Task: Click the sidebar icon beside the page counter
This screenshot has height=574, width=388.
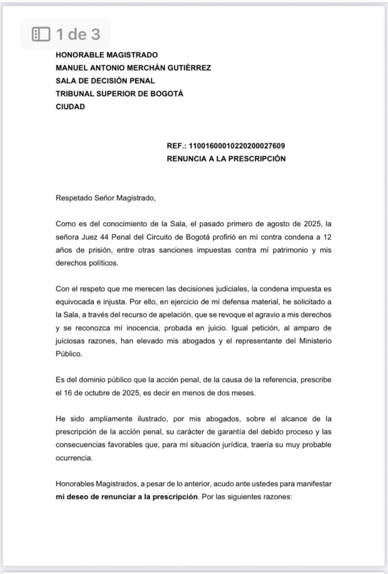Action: pyautogui.click(x=41, y=34)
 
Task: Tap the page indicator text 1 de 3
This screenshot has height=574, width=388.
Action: pyautogui.click(x=78, y=34)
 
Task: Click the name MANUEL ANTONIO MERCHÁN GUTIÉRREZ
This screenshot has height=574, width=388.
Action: pyautogui.click(x=133, y=68)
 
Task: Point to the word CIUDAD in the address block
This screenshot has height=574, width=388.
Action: pyautogui.click(x=70, y=107)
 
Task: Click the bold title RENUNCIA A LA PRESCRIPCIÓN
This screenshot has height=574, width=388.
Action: pyautogui.click(x=226, y=159)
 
